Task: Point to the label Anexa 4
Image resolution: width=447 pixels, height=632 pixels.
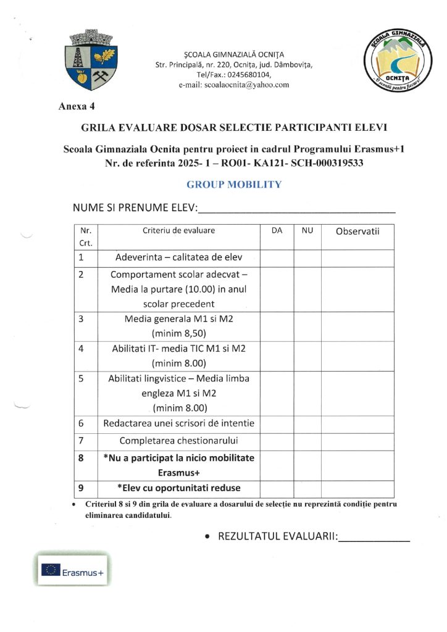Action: click(77, 106)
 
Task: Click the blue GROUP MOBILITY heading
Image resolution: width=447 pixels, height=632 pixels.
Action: click(234, 185)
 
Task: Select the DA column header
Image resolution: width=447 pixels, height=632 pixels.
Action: click(277, 230)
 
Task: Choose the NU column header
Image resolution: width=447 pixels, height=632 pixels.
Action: click(307, 230)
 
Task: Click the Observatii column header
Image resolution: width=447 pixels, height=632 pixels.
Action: click(357, 231)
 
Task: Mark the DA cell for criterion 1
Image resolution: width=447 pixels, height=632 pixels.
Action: click(277, 258)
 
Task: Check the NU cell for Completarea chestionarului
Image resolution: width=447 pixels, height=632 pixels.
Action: click(307, 441)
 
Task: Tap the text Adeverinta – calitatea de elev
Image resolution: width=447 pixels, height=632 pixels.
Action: click(179, 258)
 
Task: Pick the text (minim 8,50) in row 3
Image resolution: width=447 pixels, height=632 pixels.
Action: click(179, 333)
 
